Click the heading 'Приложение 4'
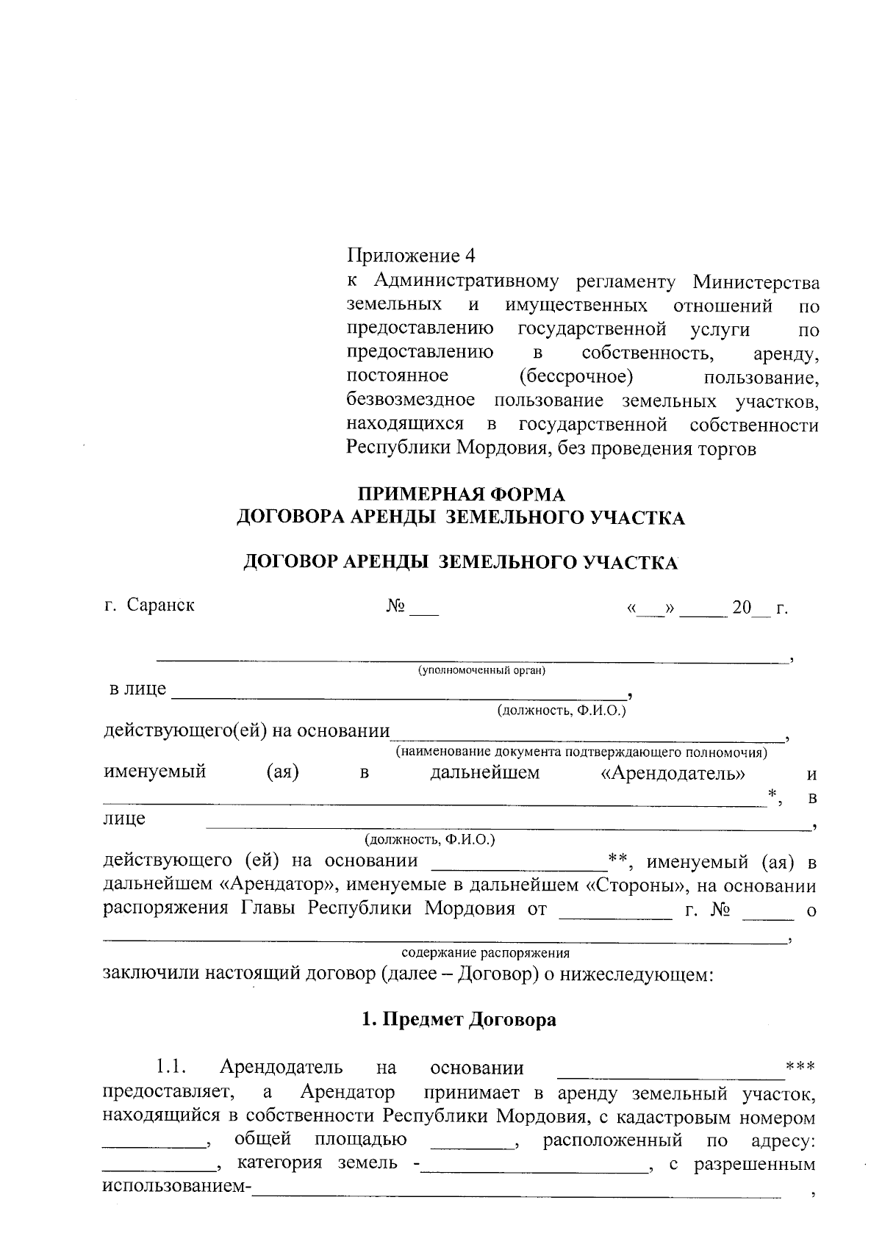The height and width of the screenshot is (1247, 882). coord(411,256)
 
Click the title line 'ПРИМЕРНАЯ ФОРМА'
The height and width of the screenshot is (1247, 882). coord(460,494)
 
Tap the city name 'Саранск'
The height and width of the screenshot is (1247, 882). coord(161,605)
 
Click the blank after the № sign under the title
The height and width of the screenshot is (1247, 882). coord(423,610)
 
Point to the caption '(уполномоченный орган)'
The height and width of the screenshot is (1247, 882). coord(481,670)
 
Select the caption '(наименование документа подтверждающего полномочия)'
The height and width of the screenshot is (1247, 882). coord(581,752)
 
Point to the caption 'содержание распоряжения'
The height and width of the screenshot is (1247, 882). coord(485,953)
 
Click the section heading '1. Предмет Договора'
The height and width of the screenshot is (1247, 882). coord(460,1020)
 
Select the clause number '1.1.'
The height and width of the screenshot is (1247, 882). coord(173,1066)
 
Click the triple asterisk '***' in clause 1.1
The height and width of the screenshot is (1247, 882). coord(800,1065)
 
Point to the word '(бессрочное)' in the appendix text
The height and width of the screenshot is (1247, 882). coord(576,378)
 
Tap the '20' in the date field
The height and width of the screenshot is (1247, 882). coord(742,609)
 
